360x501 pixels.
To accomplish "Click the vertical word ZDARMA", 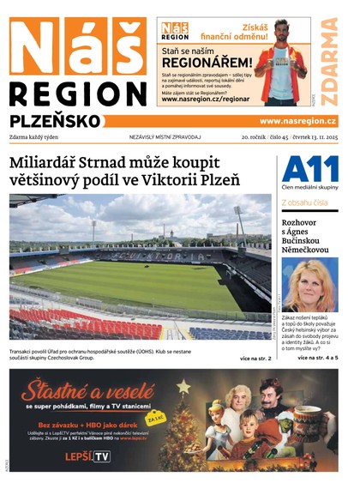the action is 329,61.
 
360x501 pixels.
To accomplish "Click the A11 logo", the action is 309,170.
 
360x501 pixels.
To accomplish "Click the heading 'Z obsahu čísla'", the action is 303,202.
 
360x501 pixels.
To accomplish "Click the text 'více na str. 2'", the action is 255,358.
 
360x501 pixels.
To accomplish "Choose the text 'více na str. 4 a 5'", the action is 318,357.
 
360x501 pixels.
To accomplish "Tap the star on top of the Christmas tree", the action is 183,387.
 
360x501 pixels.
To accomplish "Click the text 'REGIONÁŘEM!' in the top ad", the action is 207,63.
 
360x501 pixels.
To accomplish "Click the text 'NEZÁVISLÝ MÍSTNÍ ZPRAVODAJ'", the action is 165,137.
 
